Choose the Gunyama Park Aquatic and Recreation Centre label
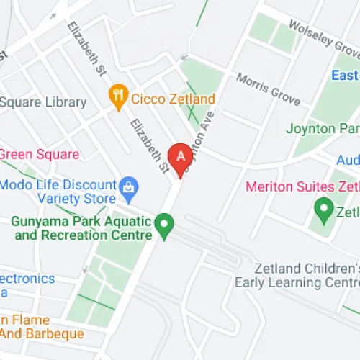pos(81,228)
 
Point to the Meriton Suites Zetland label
pos(302,186)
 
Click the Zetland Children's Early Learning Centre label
pos(297,274)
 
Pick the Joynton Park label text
pos(322,130)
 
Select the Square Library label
pos(43,102)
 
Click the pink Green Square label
pos(29,153)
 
